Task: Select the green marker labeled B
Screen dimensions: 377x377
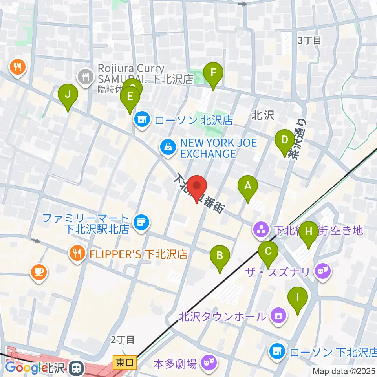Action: point(220,256)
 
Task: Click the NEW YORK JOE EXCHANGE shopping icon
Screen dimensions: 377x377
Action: point(168,147)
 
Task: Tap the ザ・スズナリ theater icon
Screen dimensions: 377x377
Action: point(324,271)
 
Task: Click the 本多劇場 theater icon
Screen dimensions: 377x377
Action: point(207,363)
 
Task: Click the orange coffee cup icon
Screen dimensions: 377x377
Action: point(38,272)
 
